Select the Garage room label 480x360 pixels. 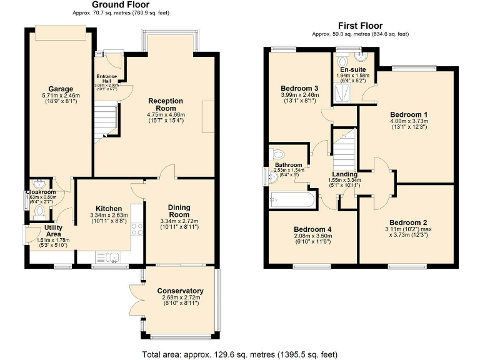(61, 89)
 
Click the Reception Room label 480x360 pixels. (165, 104)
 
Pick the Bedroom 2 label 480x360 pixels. (407, 222)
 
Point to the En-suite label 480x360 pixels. (353, 69)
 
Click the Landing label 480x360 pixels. (344, 174)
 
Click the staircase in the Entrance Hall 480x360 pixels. (106, 122)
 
